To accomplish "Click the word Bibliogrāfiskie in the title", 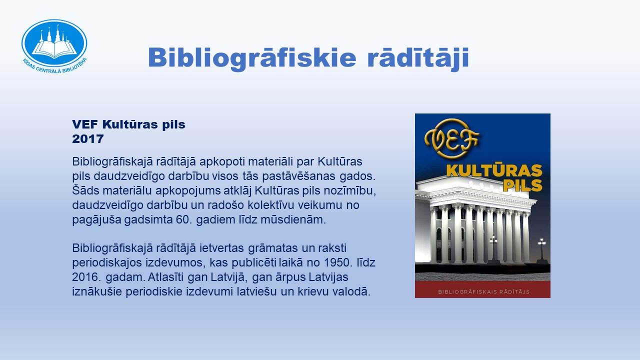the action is coord(252,58).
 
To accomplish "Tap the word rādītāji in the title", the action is coord(418,58).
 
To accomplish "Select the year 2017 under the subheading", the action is coord(87,139).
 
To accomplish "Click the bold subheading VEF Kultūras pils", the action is coord(128,124).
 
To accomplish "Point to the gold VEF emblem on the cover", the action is coord(451,138).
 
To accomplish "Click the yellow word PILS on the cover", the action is coord(522,185).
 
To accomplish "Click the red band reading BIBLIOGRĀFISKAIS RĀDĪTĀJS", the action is coord(482,289).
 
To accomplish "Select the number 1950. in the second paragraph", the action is coord(338,262).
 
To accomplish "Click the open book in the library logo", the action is coord(54,48).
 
